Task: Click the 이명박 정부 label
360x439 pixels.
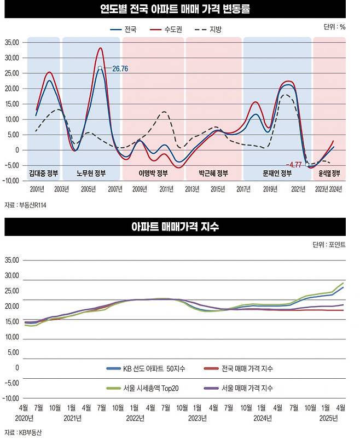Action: [x=153, y=174]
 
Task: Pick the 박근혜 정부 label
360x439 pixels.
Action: [x=213, y=174]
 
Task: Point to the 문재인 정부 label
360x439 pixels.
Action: [x=277, y=174]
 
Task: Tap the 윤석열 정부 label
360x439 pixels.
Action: [x=329, y=174]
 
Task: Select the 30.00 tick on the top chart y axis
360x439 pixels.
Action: [x=11, y=57]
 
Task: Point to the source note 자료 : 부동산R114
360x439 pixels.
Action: [x=26, y=205]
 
